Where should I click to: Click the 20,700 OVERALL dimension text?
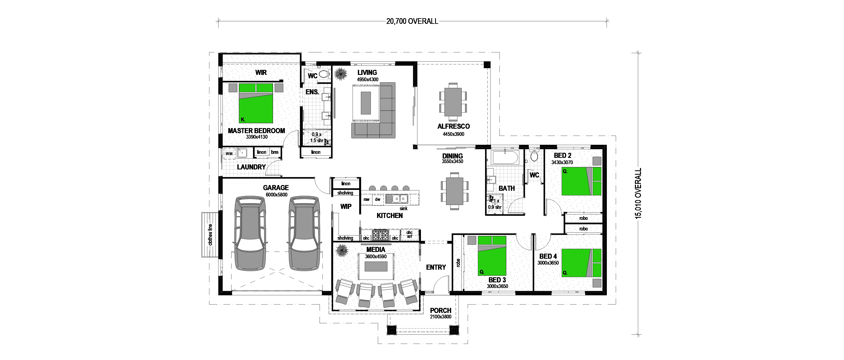(412, 21)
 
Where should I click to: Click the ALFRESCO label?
(453, 126)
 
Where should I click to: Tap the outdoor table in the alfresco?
(453, 102)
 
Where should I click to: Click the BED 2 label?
(563, 155)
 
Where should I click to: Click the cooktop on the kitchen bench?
(380, 235)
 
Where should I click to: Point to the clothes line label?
(210, 234)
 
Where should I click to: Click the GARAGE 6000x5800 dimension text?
(276, 195)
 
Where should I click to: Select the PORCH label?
(440, 310)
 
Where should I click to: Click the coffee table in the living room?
(366, 103)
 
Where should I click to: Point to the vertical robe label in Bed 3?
(458, 263)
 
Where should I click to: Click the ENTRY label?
(436, 267)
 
